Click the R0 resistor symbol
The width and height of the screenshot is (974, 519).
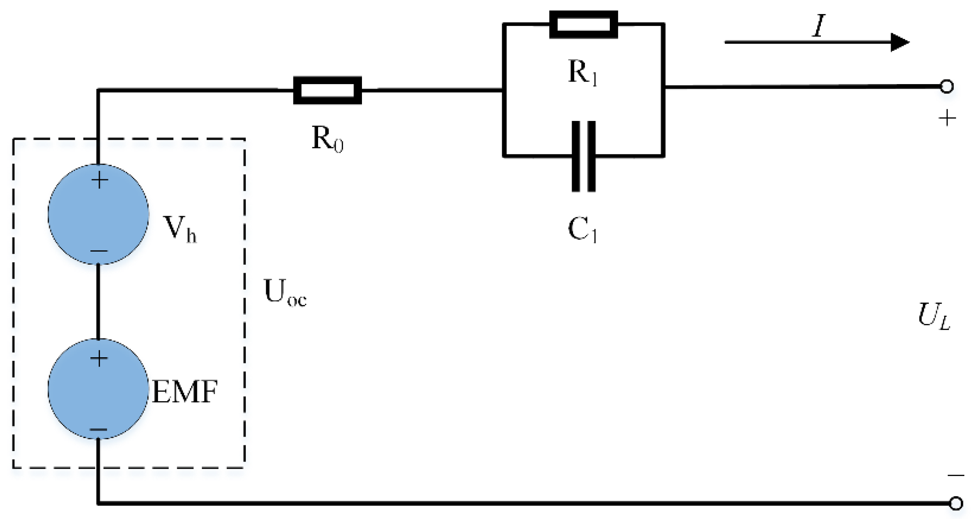327,90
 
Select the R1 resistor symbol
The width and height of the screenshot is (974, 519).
584,25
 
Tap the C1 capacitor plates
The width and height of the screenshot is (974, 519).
584,156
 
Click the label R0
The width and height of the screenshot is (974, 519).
327,139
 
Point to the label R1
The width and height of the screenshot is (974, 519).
583,72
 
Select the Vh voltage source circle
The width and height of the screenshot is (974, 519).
98,214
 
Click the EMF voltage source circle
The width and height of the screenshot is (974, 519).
98,389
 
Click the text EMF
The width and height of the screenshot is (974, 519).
185,391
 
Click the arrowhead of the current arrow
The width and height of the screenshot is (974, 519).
899,42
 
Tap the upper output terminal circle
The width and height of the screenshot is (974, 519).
947,86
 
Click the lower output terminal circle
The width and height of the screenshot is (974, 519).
956,503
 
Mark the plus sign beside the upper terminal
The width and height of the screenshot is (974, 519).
947,118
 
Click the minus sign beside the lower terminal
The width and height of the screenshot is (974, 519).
956,475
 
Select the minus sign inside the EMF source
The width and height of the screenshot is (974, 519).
99,430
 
